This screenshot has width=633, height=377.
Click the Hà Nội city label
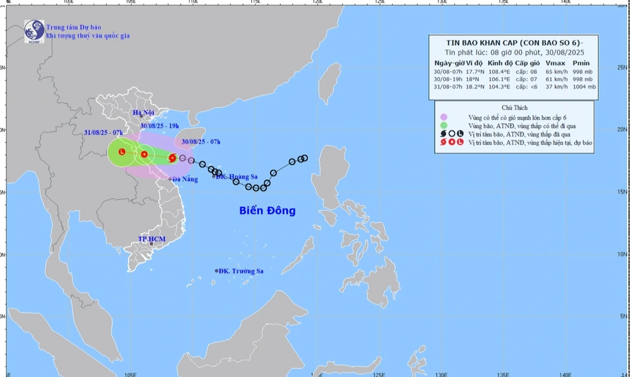coord(143,113)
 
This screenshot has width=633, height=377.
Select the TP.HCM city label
coord(152,239)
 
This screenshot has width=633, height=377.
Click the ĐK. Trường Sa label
coord(241,271)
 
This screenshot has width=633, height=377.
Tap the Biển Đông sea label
coord(267,210)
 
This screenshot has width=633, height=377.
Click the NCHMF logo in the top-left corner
coord(33,31)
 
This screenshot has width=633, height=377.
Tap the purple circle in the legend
coord(444,117)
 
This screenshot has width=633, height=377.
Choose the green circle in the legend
coord(444,125)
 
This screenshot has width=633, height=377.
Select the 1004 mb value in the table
coord(584,86)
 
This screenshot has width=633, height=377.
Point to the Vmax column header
coord(555,62)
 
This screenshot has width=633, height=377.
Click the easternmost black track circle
coord(304,158)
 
